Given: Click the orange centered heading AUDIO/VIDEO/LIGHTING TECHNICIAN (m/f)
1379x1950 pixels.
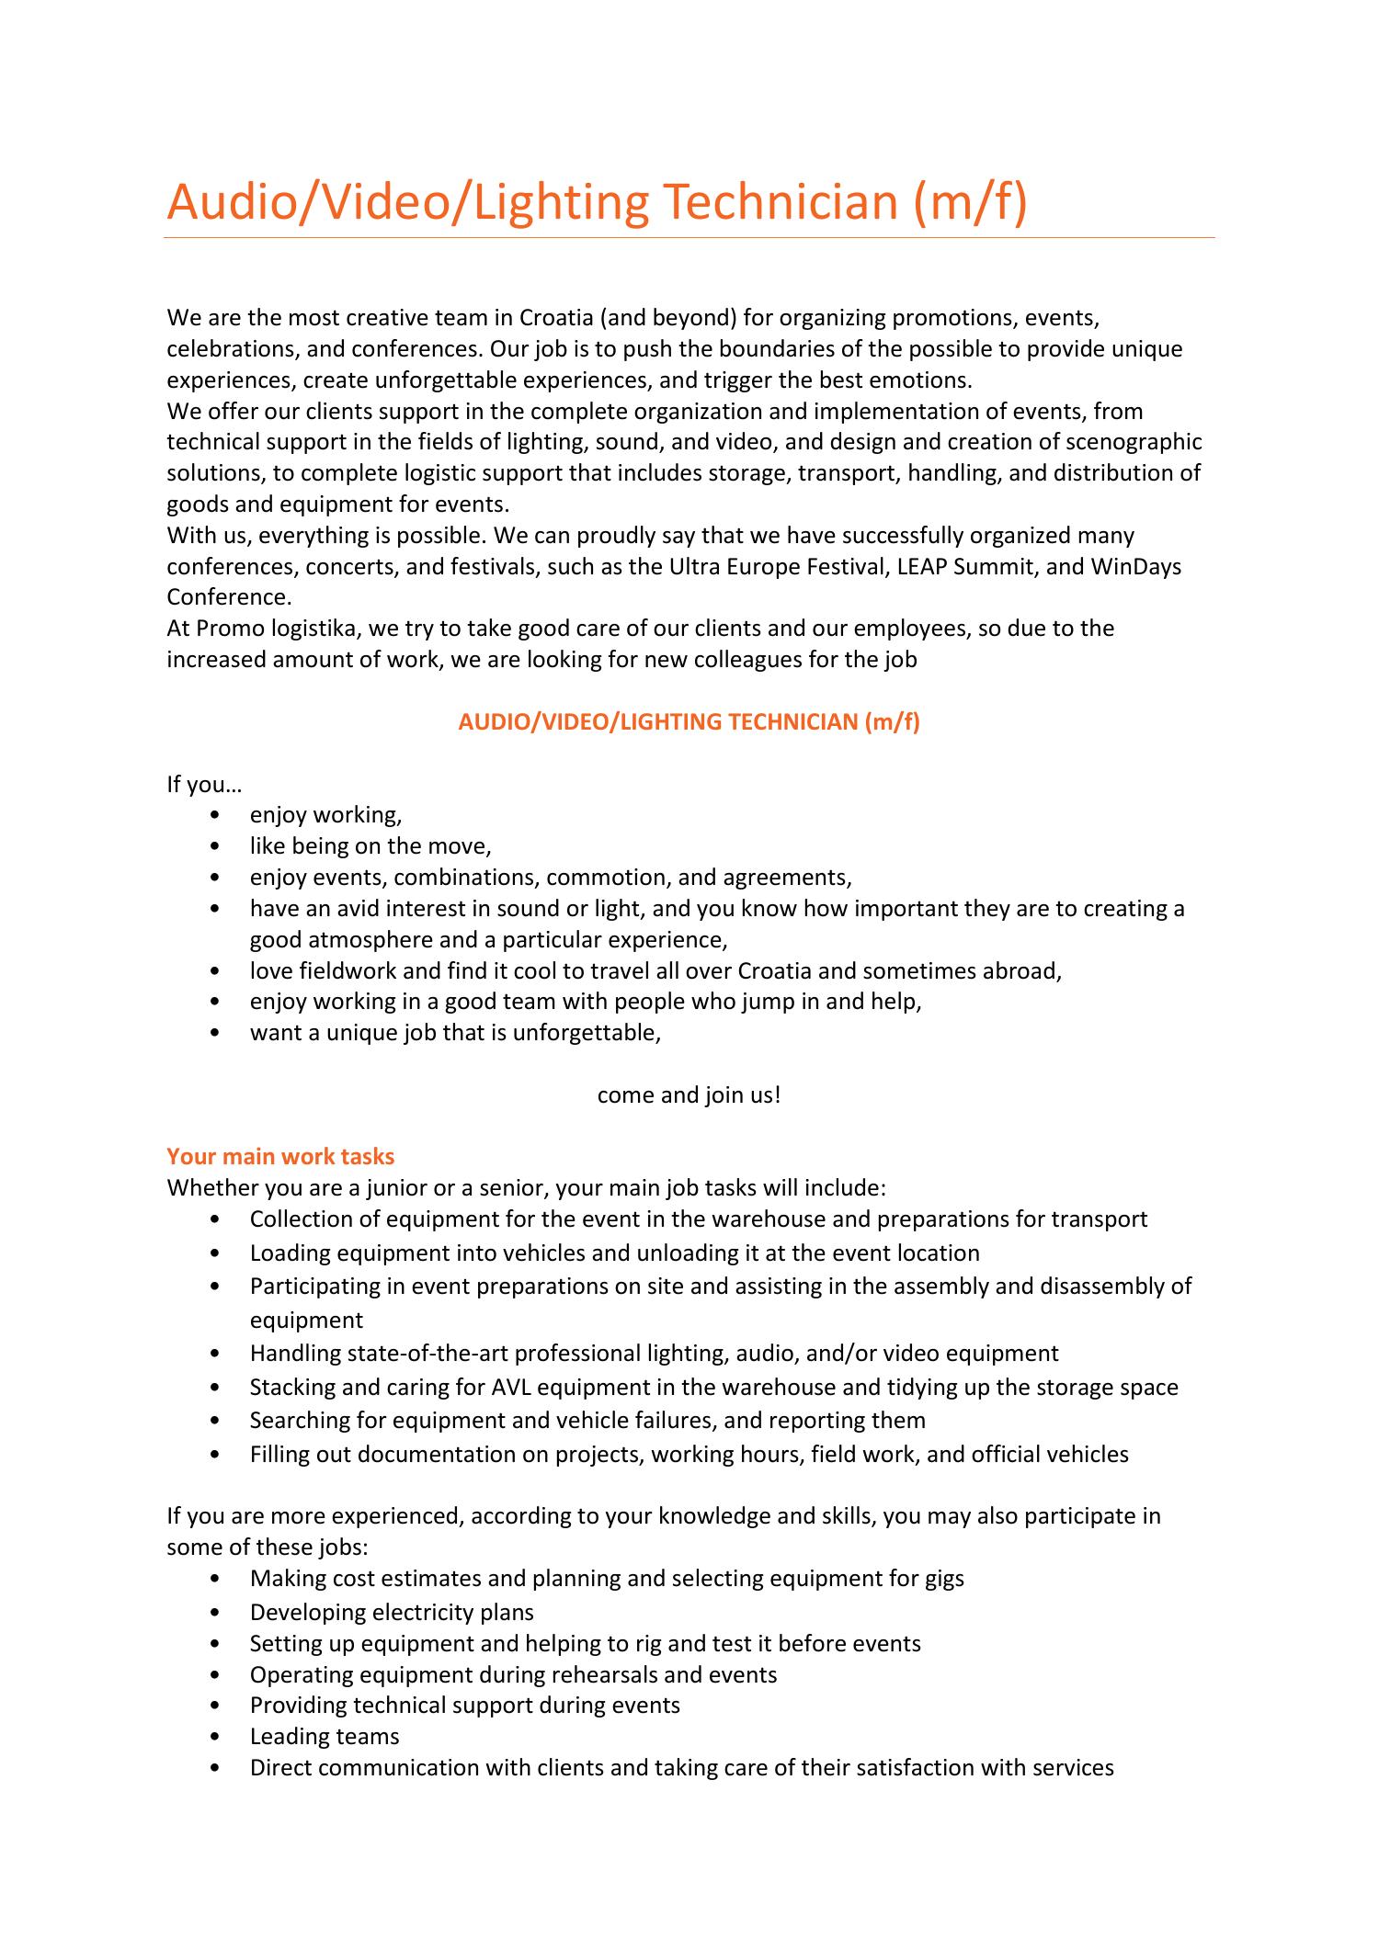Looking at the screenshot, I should [x=689, y=721].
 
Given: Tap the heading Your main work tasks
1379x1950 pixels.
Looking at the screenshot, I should [x=280, y=1156].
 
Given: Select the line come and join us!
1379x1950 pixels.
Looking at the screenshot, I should [x=689, y=1094].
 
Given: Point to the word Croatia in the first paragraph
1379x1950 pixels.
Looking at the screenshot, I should [x=556, y=318].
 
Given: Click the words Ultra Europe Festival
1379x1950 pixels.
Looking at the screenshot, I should [x=778, y=566].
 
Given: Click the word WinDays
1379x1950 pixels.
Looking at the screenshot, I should [x=1135, y=566].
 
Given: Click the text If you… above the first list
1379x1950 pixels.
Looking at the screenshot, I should [x=203, y=784].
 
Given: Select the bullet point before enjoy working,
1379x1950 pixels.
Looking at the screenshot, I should [x=215, y=815].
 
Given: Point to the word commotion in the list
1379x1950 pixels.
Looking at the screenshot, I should [x=598, y=877].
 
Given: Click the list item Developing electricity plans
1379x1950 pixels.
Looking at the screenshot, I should [x=392, y=1612].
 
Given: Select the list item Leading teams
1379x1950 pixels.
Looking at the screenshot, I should [x=325, y=1736].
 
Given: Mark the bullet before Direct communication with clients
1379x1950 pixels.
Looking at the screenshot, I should [x=215, y=1767].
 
